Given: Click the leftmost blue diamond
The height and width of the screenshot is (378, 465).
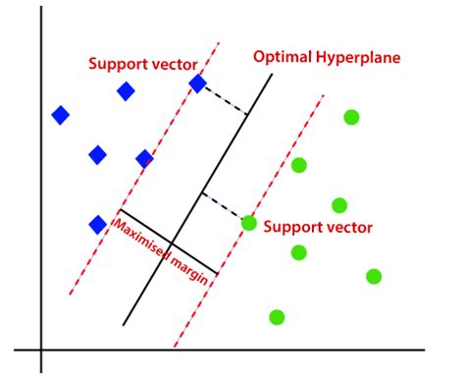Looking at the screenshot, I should [x=61, y=116].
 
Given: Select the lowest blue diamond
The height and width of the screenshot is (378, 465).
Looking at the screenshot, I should [x=97, y=225].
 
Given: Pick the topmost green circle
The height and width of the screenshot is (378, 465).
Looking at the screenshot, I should [x=351, y=118].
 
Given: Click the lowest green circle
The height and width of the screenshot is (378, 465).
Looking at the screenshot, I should [x=277, y=317].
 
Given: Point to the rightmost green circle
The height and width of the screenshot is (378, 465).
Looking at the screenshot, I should [x=374, y=276].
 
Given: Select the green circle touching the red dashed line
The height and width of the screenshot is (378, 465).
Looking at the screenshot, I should [x=249, y=223].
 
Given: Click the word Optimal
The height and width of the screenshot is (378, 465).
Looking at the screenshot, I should [x=282, y=56].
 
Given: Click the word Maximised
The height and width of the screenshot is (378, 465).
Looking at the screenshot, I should [x=141, y=239].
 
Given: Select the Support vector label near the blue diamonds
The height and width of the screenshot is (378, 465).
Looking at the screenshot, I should [x=143, y=64].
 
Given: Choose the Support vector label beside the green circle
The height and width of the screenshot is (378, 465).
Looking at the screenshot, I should [x=319, y=227].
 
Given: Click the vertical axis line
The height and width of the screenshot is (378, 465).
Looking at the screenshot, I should [x=41, y=196].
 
